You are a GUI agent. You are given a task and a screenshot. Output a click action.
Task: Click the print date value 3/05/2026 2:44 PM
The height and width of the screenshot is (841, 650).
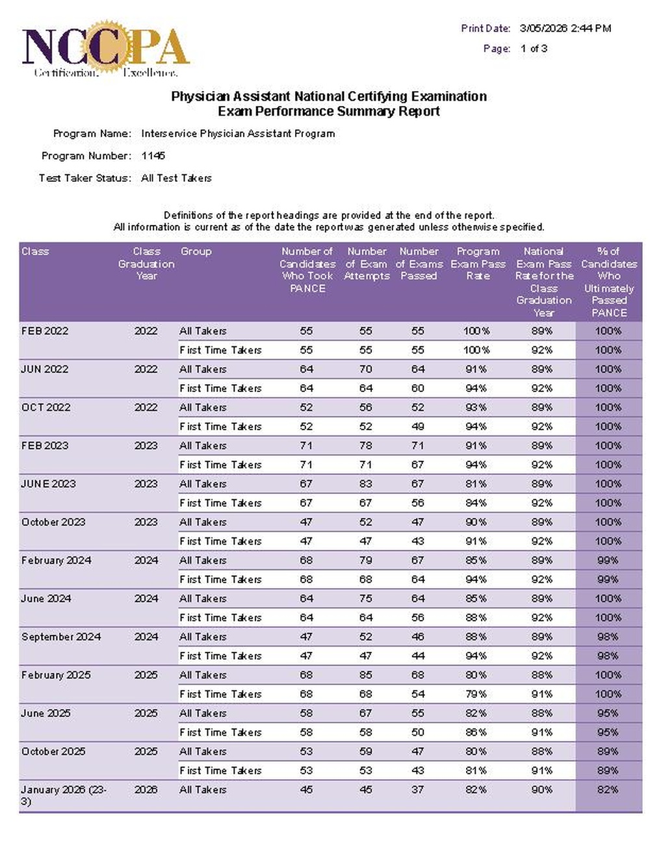coord(565,29)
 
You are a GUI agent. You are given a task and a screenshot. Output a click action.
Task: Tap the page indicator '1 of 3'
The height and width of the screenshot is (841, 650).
coord(534,49)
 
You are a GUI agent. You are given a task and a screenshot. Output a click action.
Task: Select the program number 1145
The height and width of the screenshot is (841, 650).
coord(153,156)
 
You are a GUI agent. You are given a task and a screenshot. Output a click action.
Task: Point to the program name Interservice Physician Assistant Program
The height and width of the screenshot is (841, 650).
coord(238,134)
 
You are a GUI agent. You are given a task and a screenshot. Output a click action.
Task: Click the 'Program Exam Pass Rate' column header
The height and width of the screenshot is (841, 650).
coord(478,264)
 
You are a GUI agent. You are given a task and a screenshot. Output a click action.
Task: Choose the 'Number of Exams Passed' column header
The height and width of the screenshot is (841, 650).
coord(419,264)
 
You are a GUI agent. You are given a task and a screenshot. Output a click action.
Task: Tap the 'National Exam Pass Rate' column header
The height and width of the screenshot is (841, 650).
coord(543,281)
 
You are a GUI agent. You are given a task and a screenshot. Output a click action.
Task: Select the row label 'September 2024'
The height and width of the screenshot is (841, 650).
coord(61,637)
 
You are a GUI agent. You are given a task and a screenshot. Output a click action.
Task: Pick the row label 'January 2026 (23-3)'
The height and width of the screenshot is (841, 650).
coord(64,795)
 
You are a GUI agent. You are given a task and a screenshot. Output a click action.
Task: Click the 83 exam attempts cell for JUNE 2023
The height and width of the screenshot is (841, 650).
coord(366,484)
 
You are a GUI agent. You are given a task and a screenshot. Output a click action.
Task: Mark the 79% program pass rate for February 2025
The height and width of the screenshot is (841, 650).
coord(476,694)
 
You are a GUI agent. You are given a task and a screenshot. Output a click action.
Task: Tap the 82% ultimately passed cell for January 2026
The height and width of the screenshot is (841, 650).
coord(608,790)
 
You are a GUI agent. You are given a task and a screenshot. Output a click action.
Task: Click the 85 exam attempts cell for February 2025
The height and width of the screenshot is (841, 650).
coord(366,675)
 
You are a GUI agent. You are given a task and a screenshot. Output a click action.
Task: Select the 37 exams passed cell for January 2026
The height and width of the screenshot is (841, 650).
coord(417,790)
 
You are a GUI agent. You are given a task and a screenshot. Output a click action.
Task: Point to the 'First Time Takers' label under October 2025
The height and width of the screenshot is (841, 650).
coord(220,771)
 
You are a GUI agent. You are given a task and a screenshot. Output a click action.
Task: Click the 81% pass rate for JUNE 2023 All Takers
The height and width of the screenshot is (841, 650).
coord(476,484)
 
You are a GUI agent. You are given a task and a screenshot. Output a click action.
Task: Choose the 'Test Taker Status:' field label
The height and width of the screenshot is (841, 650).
coord(85,178)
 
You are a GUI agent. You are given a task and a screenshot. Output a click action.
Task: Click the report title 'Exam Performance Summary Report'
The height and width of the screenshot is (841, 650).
coord(328,112)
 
